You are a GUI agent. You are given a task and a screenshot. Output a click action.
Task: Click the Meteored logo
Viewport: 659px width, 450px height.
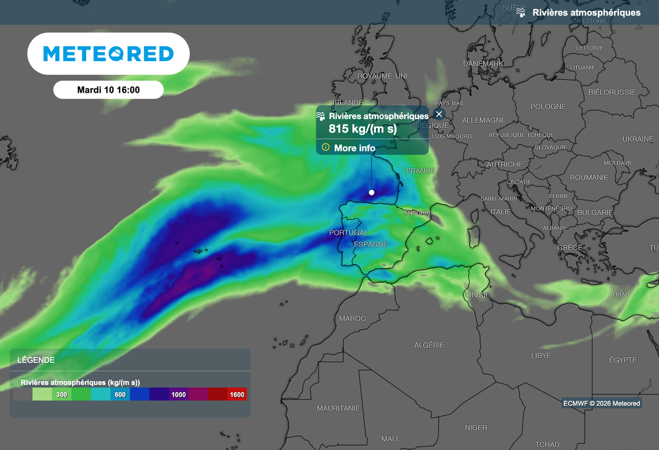point(108,53)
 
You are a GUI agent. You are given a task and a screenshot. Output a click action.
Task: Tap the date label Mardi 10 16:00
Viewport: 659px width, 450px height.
point(108,90)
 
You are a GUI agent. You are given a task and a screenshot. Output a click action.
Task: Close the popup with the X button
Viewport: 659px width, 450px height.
point(440,114)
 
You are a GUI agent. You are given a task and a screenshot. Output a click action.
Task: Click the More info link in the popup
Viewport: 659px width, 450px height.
point(354,148)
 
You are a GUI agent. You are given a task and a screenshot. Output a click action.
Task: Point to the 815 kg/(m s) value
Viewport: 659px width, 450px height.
point(363,129)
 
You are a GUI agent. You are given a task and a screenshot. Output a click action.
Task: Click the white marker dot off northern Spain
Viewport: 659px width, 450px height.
point(371,192)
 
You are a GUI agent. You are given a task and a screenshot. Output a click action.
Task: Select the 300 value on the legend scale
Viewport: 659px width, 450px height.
point(62,395)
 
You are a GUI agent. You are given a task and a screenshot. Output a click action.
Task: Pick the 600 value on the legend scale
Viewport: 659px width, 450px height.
point(120,395)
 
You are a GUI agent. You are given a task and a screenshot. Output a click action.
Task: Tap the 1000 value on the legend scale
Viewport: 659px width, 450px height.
point(178,395)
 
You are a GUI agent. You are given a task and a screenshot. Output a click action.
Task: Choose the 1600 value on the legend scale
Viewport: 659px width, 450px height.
point(237,395)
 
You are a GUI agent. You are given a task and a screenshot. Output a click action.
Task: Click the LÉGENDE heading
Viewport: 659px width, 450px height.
point(36,361)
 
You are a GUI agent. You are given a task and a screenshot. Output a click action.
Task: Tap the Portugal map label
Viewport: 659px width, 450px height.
point(348,233)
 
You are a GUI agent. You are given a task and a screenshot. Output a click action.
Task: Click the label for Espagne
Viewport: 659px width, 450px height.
point(371,245)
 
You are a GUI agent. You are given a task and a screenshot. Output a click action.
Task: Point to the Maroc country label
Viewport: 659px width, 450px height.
point(352,319)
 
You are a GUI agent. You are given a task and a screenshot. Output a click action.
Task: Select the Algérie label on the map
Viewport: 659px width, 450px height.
point(429,345)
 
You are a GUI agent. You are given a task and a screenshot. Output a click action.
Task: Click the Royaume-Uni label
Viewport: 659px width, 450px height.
point(382,76)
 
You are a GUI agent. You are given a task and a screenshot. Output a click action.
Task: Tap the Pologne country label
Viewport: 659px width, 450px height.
point(548,107)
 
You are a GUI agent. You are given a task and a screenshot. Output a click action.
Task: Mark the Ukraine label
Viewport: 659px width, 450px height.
point(637,139)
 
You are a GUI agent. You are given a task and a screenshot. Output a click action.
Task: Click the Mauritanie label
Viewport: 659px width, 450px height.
point(338,408)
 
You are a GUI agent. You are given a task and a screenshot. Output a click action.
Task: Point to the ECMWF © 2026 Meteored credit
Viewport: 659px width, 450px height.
point(601,404)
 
